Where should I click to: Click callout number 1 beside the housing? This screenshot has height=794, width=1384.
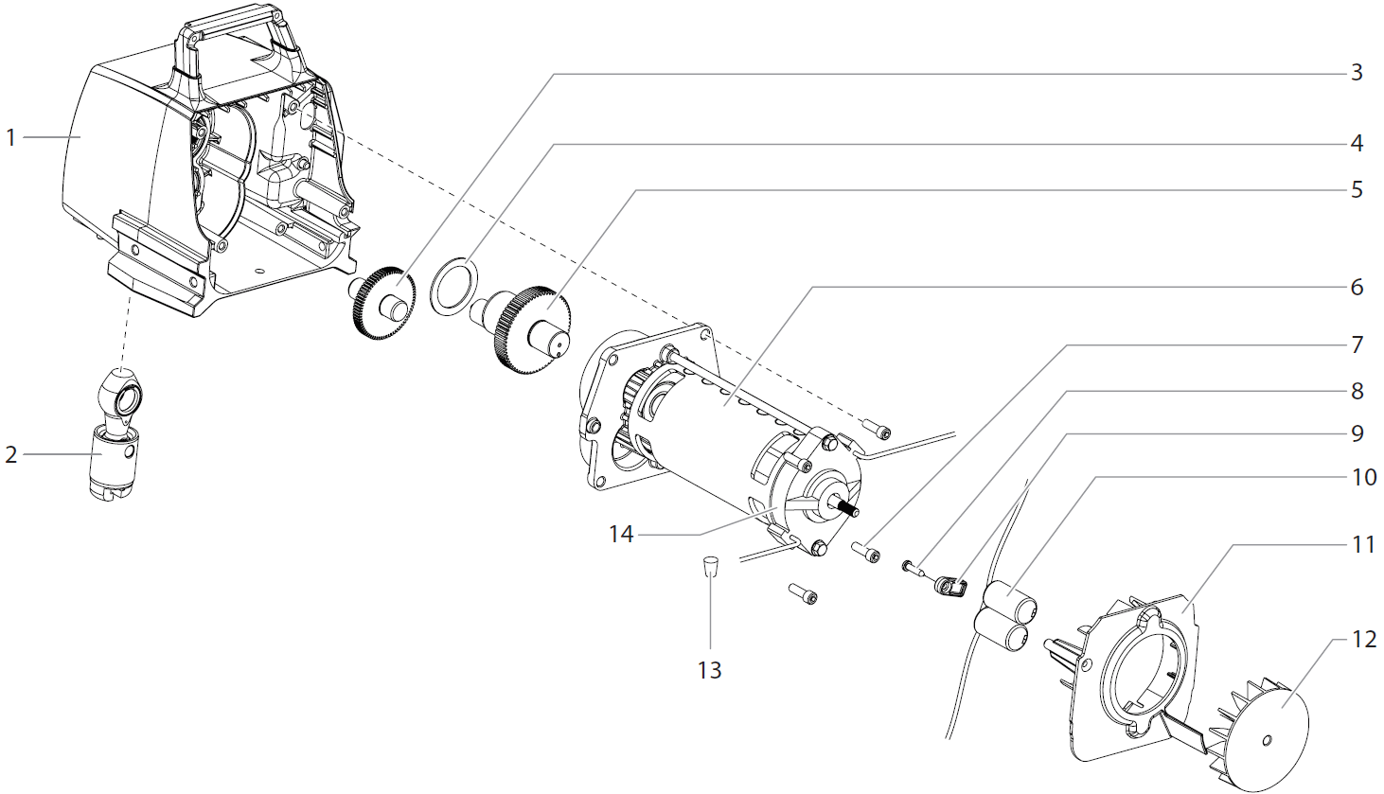(x=11, y=138)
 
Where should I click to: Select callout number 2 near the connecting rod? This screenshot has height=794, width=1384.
(x=11, y=455)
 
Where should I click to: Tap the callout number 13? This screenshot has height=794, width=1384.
(x=709, y=670)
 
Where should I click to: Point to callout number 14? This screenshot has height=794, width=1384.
(x=621, y=534)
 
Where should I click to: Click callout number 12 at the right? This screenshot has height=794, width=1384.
(x=1364, y=640)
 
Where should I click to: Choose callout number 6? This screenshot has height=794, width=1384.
(x=1357, y=287)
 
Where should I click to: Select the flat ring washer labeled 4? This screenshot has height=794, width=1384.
(x=453, y=286)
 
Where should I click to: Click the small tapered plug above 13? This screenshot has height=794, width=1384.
(x=709, y=568)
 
